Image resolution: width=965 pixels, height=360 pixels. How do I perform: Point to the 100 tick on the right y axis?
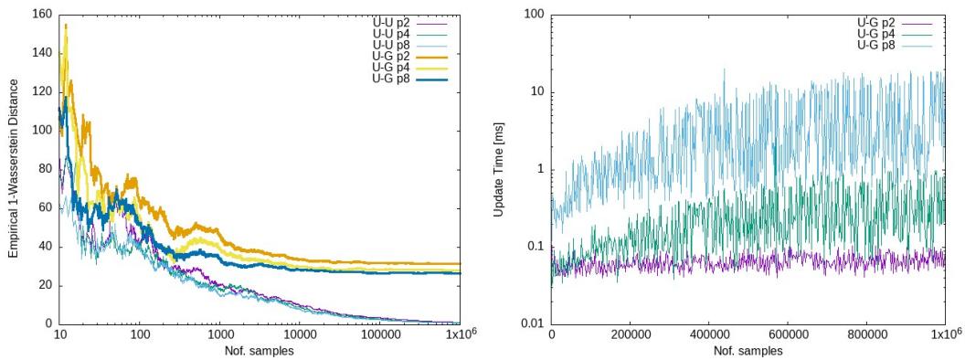coord(534,15)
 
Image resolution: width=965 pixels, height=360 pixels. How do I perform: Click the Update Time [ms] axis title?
coord(499,169)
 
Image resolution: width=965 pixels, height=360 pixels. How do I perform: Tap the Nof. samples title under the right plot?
coord(748,350)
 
